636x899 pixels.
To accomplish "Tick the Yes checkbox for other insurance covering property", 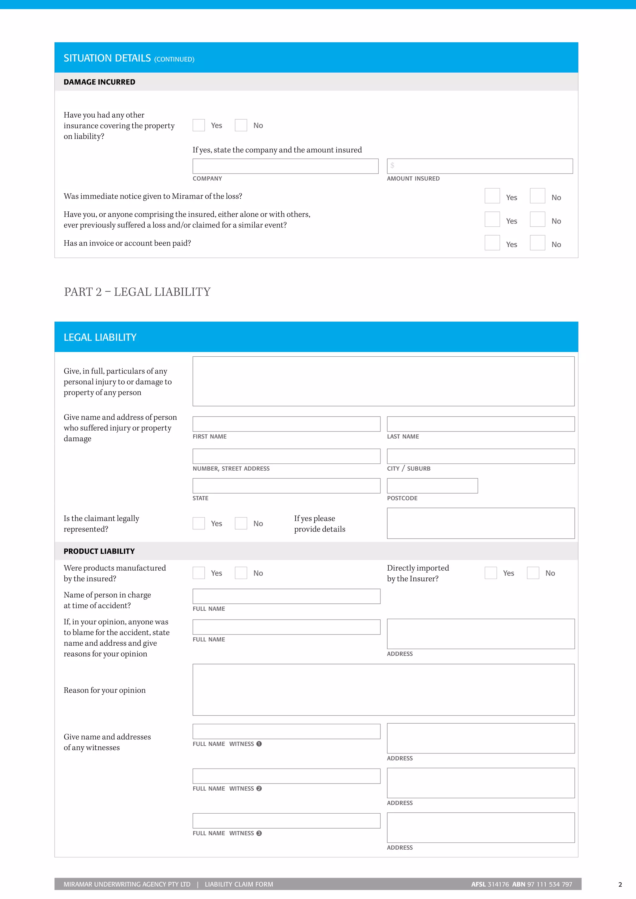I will pos(198,125).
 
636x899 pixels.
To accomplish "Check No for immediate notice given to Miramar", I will pos(537,196).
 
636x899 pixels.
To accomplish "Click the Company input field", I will pos(285,166).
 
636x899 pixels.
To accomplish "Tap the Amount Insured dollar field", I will pos(479,166).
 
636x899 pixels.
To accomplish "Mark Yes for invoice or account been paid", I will pos(492,243).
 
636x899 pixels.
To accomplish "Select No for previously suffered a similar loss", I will pos(537,219).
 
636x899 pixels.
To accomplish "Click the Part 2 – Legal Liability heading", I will pos(137,292).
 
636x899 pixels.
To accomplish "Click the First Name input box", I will pos(286,424).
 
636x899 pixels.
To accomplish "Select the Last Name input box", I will pos(480,424).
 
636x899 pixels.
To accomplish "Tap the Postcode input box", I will pos(432,486).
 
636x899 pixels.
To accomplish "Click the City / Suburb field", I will pos(480,456).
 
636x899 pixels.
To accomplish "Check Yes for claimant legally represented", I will pos(198,523).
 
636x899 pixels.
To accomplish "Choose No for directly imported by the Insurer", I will pos(533,573).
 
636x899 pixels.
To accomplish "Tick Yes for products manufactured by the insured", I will pos(198,573).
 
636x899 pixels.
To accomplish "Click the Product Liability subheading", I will pos(99,551).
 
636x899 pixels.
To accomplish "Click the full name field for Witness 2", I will pos(286,776).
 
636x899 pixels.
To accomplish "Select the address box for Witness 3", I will pos(480,827).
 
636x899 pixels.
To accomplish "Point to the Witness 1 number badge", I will pos(259,744).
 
